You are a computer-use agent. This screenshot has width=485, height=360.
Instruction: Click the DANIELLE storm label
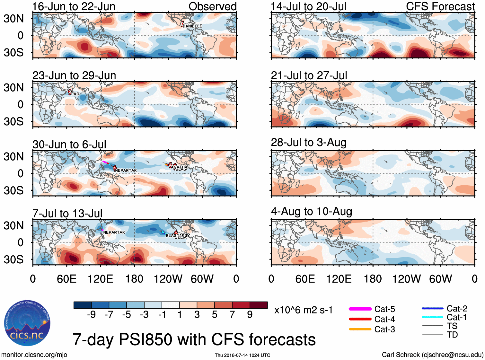pos(192,26)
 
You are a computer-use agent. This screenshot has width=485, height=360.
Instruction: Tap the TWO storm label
pos(75,94)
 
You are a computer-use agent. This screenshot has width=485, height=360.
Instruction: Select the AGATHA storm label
pos(179,167)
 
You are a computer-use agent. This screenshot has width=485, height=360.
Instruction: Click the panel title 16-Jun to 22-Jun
pos(74,6)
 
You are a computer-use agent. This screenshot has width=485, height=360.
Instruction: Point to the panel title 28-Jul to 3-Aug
pos(309,142)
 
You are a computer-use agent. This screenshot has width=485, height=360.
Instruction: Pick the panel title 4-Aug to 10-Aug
pos(312,211)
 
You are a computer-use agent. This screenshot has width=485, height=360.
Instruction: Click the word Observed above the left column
pos(212,6)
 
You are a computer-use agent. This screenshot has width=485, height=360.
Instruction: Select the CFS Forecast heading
pos(440,6)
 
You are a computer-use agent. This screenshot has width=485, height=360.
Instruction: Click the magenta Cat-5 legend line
pos(360,309)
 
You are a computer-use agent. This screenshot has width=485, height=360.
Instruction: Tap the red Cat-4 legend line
pos(360,319)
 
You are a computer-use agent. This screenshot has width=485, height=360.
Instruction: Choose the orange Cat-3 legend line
pos(360,329)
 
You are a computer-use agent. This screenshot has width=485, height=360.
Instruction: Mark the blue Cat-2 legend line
pos(432,308)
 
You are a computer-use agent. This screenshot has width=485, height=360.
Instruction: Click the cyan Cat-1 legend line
pos(432,317)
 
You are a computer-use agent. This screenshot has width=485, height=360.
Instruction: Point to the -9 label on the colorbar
pos(92,315)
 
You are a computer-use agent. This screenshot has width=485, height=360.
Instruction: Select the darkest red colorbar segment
pos(259,305)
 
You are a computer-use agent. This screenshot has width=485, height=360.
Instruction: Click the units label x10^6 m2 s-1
pos(303,310)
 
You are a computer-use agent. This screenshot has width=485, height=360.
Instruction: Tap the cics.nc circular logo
pos(27,323)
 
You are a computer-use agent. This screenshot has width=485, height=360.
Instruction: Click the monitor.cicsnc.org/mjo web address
pos(34,355)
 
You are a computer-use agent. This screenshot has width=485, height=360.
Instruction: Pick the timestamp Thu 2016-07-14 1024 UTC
pos(242,355)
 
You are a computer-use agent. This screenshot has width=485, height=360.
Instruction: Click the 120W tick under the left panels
pos(168,279)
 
